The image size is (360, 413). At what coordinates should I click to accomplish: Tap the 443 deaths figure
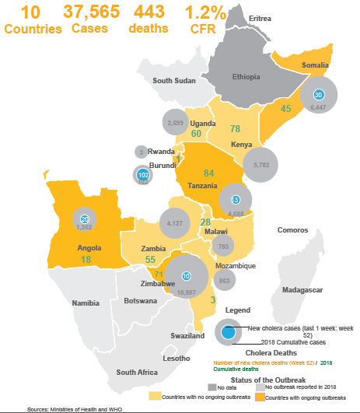(152, 12)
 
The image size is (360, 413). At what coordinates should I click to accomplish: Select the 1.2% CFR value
(205, 12)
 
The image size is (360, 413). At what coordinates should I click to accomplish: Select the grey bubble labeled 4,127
(174, 224)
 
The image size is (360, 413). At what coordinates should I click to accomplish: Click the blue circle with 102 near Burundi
(142, 175)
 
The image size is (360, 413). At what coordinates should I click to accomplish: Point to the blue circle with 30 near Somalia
(318, 94)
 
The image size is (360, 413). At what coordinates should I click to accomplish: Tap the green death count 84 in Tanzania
(208, 172)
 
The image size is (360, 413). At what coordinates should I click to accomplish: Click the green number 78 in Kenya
(235, 128)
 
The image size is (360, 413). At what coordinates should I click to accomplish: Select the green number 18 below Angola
(86, 259)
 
